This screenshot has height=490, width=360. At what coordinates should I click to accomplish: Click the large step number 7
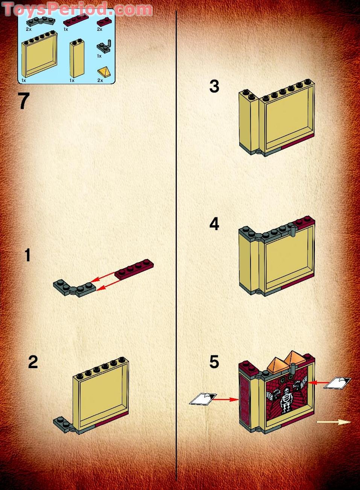[24, 101]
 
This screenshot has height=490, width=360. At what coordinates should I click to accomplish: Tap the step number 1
[27, 255]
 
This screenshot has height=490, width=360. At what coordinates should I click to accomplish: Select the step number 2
[33, 362]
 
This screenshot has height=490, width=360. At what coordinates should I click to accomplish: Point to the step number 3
[214, 86]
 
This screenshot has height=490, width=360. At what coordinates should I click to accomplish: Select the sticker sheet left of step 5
[203, 399]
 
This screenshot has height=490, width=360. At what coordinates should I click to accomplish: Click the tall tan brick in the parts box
[77, 58]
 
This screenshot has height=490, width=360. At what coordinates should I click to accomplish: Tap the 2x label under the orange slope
[100, 80]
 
